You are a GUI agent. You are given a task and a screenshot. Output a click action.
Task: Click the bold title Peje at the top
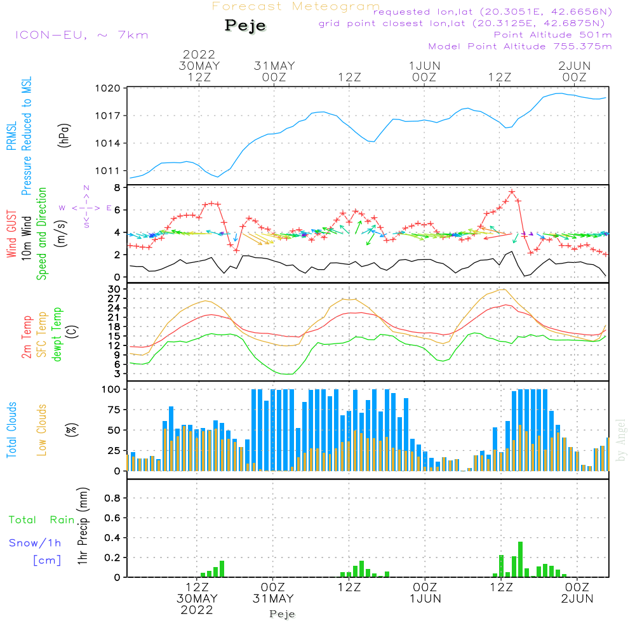click(245, 26)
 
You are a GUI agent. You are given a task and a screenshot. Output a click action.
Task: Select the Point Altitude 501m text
click(552, 35)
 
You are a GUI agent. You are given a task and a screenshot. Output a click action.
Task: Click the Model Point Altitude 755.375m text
click(520, 46)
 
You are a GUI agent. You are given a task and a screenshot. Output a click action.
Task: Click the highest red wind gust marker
click(512, 191)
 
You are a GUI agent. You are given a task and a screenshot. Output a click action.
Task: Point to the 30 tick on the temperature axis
click(115, 289)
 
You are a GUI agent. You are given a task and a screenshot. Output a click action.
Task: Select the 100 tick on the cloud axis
click(112, 389)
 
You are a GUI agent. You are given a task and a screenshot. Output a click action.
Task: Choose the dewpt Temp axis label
click(57, 335)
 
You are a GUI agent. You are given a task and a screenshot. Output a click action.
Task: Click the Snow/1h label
click(35, 543)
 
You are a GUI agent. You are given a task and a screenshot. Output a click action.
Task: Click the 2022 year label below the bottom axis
click(197, 610)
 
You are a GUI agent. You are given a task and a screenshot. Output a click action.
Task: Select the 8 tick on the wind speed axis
click(117, 188)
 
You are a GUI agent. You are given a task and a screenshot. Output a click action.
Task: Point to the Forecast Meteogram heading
click(296, 6)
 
